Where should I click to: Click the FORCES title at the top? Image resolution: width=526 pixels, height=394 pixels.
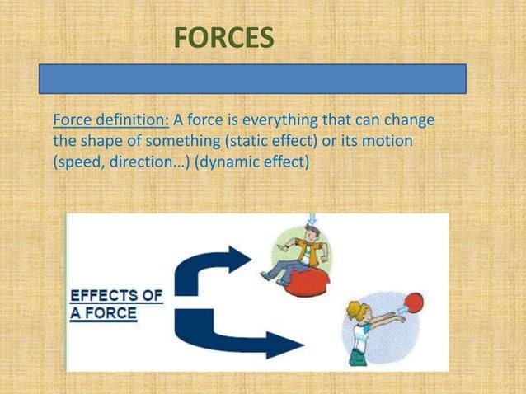click(x=223, y=38)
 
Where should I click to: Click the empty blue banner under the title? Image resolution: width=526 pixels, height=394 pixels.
click(x=253, y=79)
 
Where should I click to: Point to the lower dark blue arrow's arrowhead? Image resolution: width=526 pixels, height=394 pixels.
click(x=288, y=344)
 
